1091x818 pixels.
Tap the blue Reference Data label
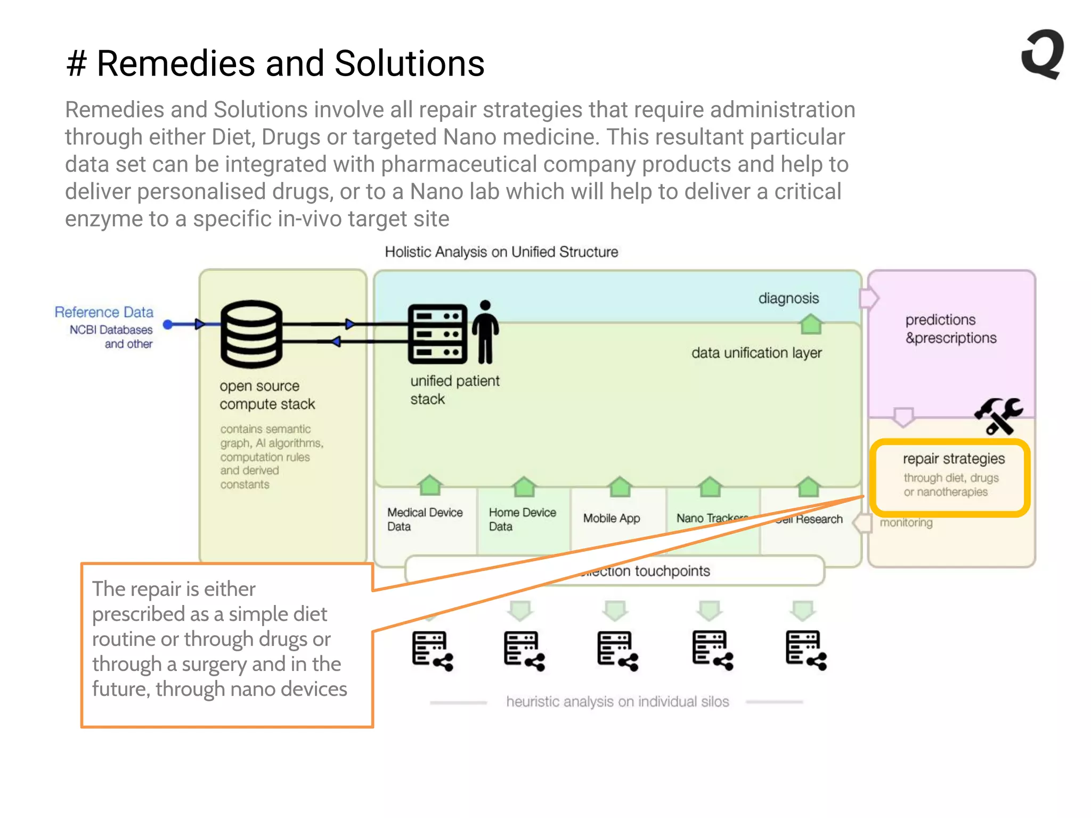click(104, 312)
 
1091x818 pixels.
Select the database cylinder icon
click(251, 334)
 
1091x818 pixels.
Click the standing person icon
click(485, 332)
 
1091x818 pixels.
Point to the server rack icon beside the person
click(437, 334)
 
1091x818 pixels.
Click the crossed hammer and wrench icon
click(998, 416)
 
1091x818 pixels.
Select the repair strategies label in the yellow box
click(953, 459)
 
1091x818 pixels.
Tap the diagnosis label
click(788, 298)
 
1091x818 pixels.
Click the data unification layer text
click(756, 353)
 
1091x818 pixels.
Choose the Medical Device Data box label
click(425, 519)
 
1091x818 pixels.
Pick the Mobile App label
click(611, 518)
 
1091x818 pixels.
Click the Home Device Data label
click(522, 519)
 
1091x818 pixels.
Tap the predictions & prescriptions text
click(950, 329)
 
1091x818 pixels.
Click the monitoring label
click(906, 522)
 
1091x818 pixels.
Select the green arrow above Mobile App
click(620, 486)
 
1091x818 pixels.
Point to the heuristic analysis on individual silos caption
click(617, 701)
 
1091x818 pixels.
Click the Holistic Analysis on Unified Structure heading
click(501, 252)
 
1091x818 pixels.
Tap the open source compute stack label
click(267, 395)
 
